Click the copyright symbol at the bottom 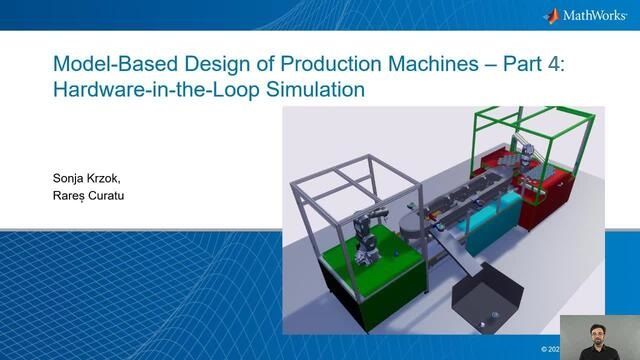(545, 349)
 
